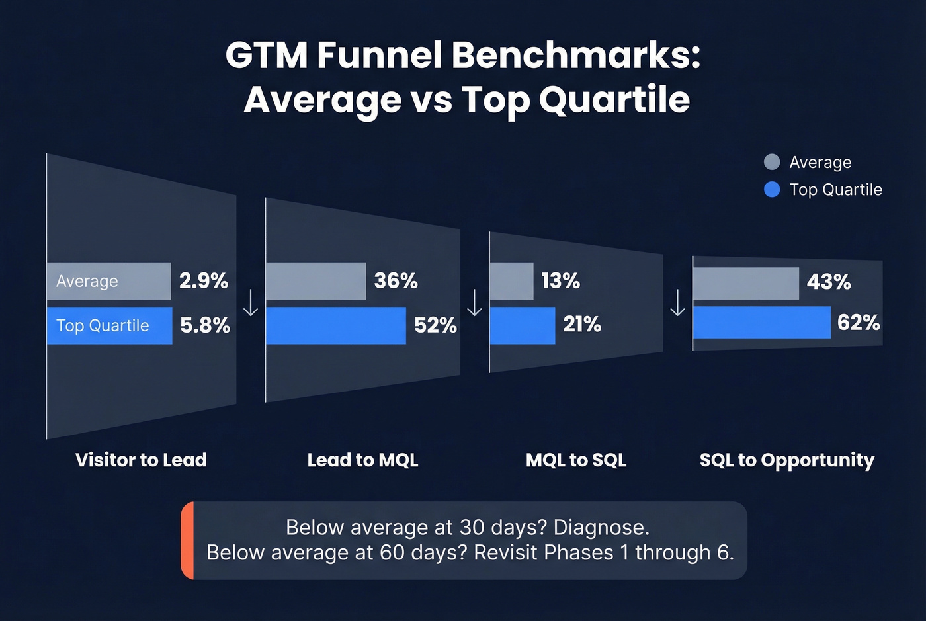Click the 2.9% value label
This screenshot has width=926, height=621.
[204, 281]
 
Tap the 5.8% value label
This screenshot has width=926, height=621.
[205, 325]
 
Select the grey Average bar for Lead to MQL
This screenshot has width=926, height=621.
[316, 281]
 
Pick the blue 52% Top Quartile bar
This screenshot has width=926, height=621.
[335, 325]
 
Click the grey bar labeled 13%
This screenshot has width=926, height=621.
[511, 281]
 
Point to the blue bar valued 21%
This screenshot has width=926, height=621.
[522, 325]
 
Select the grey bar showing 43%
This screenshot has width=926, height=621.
[745, 283]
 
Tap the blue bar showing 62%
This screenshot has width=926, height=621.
[761, 323]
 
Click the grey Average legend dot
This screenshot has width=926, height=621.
[771, 162]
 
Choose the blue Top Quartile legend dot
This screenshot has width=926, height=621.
[771, 190]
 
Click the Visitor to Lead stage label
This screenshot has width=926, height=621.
[141, 460]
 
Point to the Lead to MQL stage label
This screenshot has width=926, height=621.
[362, 460]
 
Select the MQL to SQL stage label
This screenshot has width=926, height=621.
[575, 460]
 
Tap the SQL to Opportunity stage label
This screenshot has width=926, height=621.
[786, 460]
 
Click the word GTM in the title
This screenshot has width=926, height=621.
[266, 55]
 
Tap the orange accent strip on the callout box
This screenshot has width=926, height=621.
[187, 540]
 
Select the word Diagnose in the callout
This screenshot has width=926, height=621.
[601, 528]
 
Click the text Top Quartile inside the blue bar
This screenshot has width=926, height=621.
[103, 325]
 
